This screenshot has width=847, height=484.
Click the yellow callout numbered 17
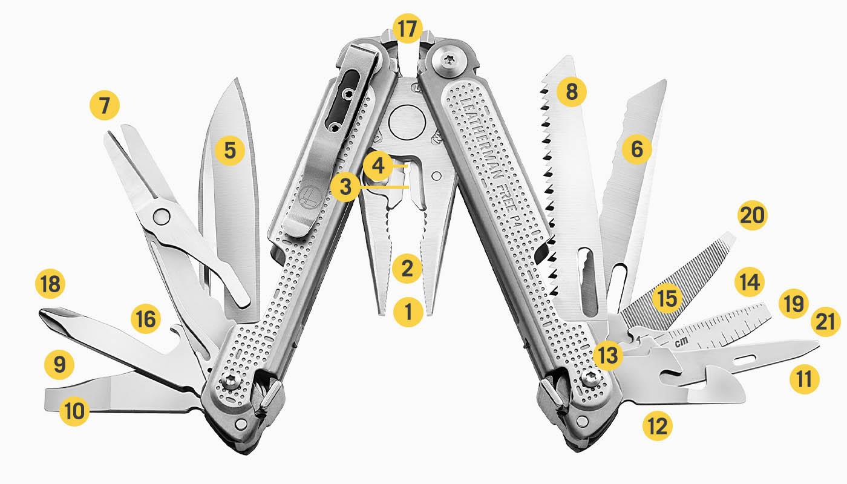click(x=408, y=28)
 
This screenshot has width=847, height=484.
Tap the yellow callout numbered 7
click(x=105, y=106)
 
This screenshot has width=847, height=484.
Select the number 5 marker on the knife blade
click(x=229, y=149)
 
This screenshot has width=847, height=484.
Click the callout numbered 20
click(x=752, y=216)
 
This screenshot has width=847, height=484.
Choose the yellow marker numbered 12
click(x=657, y=427)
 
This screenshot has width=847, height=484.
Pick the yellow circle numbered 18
click(x=51, y=284)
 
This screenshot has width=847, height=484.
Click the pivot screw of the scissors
click(x=161, y=215)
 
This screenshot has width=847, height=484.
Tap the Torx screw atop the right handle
click(x=449, y=59)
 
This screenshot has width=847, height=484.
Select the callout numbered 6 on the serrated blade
click(x=636, y=149)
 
